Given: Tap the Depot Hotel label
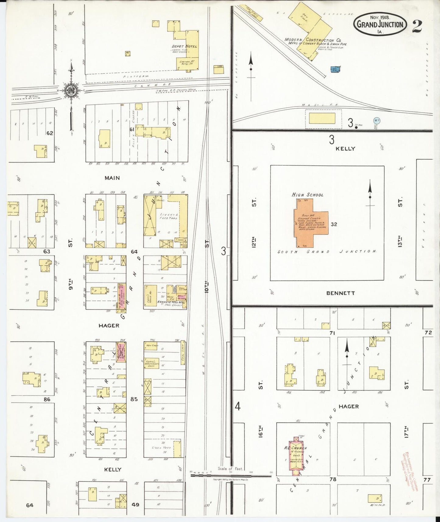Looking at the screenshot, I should coord(184,46).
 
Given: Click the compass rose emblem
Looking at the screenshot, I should coord(71,90).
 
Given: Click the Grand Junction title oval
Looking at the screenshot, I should coord(380,24).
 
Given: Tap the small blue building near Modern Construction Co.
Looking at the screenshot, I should coord(335,69).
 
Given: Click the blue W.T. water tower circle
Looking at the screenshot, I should coord(376,121).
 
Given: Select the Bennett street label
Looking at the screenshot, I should coord(340,293).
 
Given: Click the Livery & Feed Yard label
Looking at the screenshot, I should coord(169,216).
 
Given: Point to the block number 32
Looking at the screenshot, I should coord(334,224).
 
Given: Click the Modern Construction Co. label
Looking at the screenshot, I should coord(313,40).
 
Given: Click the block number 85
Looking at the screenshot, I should coord(134,399).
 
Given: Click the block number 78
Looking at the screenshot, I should coord(333,479).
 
